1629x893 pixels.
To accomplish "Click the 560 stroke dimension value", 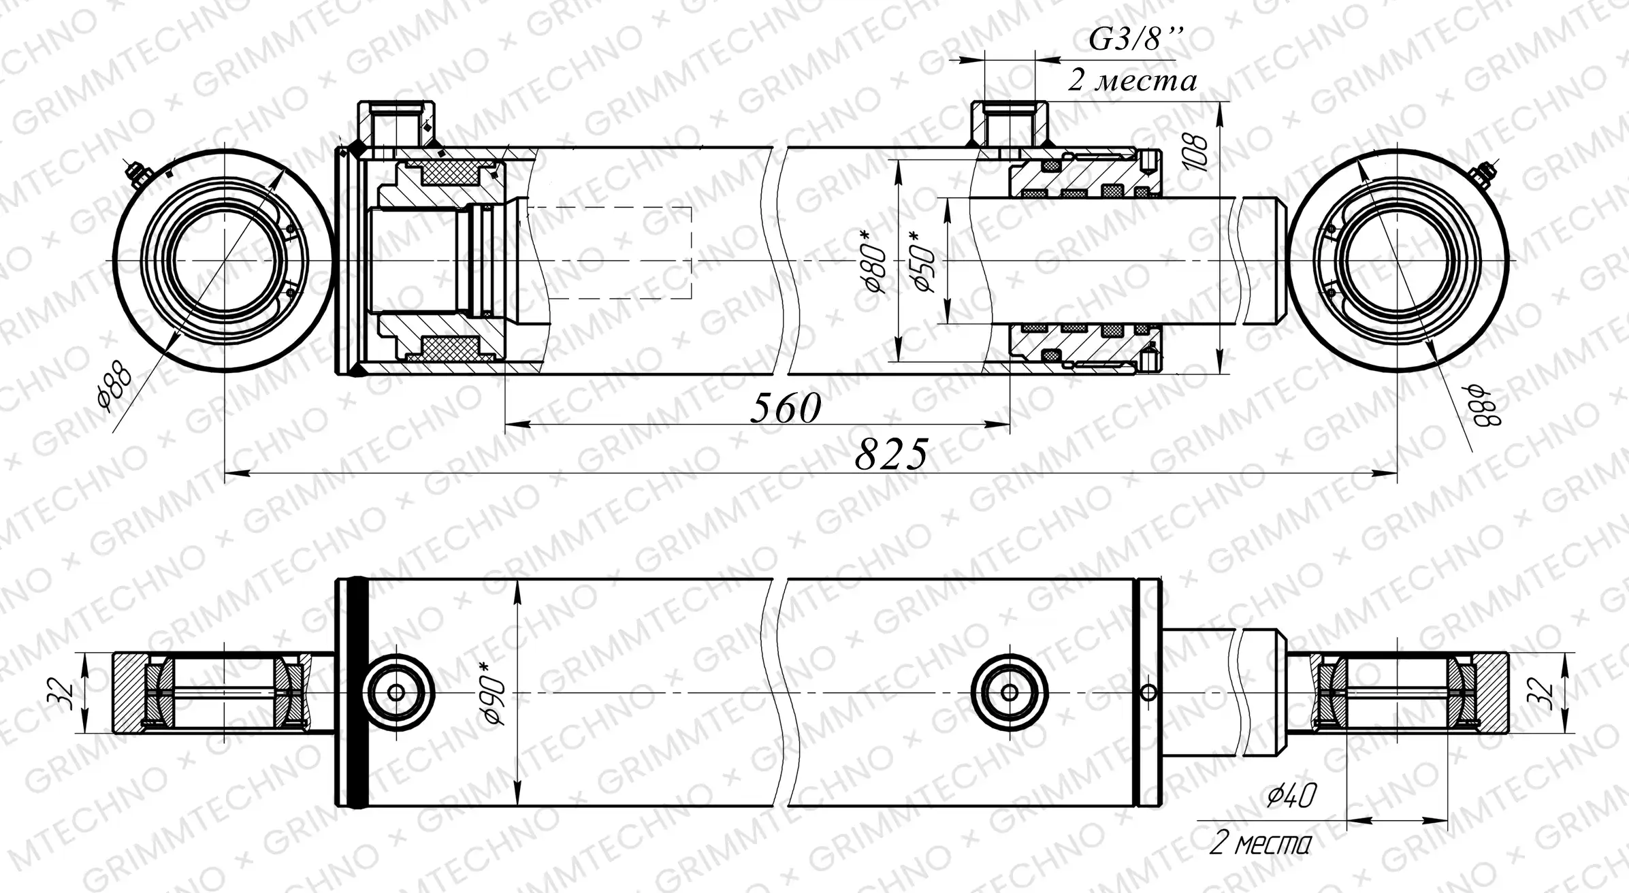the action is click(x=786, y=408).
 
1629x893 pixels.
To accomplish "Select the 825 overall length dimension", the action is click(x=891, y=454).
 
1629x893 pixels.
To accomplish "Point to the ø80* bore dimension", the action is click(x=877, y=261).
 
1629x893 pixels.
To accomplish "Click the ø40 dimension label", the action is click(x=1291, y=795).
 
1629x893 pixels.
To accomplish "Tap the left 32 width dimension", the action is click(x=67, y=693).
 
